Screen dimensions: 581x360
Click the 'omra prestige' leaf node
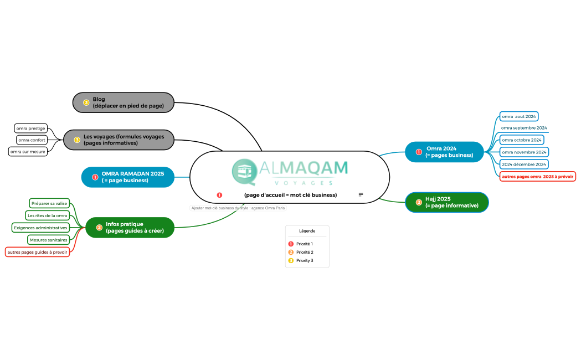coord(31,128)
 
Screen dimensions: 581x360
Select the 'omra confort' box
coord(32,140)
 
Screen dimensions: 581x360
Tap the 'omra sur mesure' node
coord(28,152)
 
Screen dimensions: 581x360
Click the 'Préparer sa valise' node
coord(49,203)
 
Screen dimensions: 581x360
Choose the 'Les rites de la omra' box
coord(48,215)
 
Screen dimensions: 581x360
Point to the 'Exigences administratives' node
coord(41,228)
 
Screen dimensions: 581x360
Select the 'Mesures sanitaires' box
coord(49,240)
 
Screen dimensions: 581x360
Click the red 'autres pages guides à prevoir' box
coord(38,252)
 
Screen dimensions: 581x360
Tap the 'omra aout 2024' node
coord(519,116)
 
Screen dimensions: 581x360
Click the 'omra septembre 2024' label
coord(524,128)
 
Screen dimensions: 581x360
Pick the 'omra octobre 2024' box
coord(522,140)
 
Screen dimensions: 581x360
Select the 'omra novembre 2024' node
coord(524,152)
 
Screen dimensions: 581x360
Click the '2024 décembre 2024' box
coord(524,164)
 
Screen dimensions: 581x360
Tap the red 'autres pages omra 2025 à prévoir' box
coord(538,177)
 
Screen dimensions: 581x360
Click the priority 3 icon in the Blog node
coord(86,102)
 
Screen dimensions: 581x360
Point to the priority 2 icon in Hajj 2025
coord(419,202)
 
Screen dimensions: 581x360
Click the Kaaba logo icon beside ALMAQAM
coord(245,172)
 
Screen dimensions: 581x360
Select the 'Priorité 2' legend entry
coord(301,252)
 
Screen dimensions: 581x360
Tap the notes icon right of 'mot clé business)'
coord(361,194)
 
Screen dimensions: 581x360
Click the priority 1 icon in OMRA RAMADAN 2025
coord(95,177)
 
